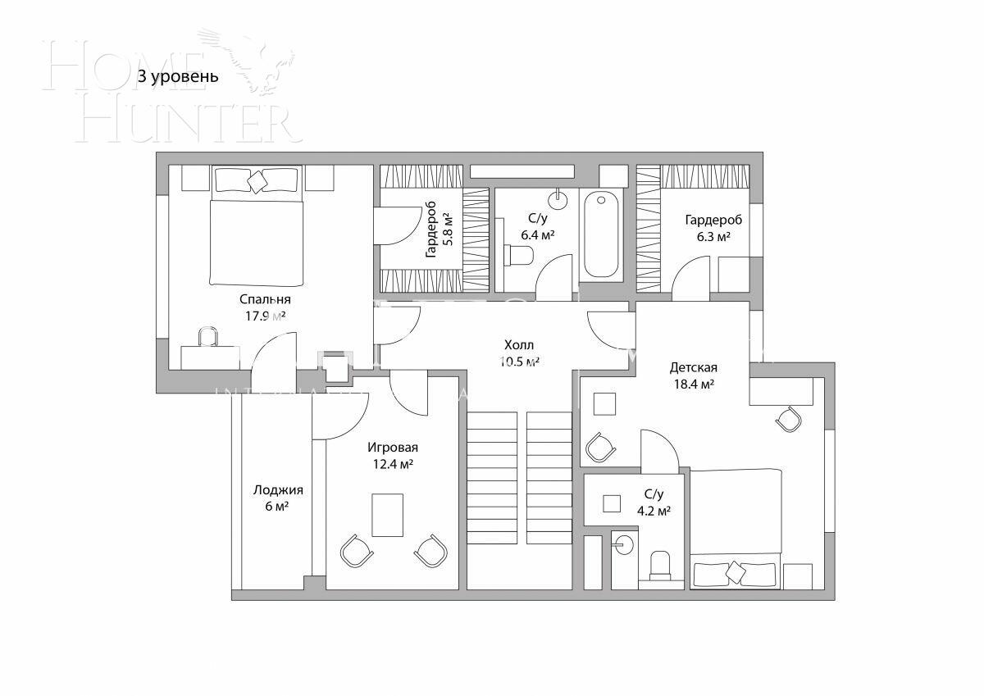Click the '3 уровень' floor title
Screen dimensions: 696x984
click(178, 78)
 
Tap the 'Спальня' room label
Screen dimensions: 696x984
click(265, 299)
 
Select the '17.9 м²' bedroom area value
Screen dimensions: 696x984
click(265, 316)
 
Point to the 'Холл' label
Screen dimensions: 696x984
click(519, 345)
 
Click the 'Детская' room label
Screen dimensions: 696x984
click(693, 367)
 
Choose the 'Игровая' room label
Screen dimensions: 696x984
click(392, 448)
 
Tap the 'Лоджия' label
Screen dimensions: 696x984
click(278, 490)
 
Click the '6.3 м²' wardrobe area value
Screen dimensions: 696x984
click(713, 236)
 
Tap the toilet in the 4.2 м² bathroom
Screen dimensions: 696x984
click(660, 565)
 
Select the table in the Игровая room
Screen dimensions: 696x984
click(387, 515)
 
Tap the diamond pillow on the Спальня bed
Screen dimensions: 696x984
click(257, 181)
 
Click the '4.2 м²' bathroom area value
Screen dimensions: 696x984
click(654, 511)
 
